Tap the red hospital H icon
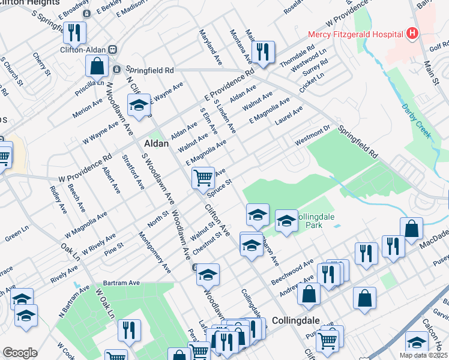pos(412,34)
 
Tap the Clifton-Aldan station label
pos(83,51)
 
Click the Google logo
pos(20,353)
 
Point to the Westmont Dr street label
pos(313,135)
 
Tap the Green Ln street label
pos(16,232)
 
